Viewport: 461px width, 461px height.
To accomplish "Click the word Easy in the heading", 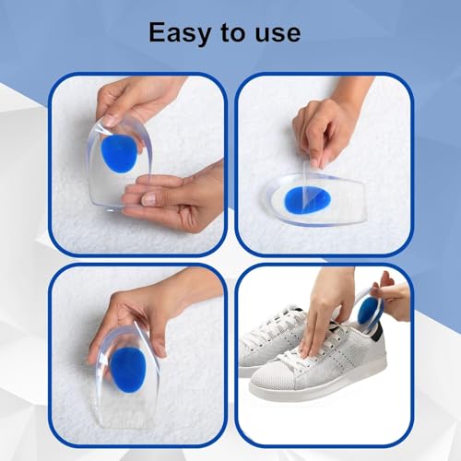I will [183, 32].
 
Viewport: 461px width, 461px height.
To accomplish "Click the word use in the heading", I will [275, 33].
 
